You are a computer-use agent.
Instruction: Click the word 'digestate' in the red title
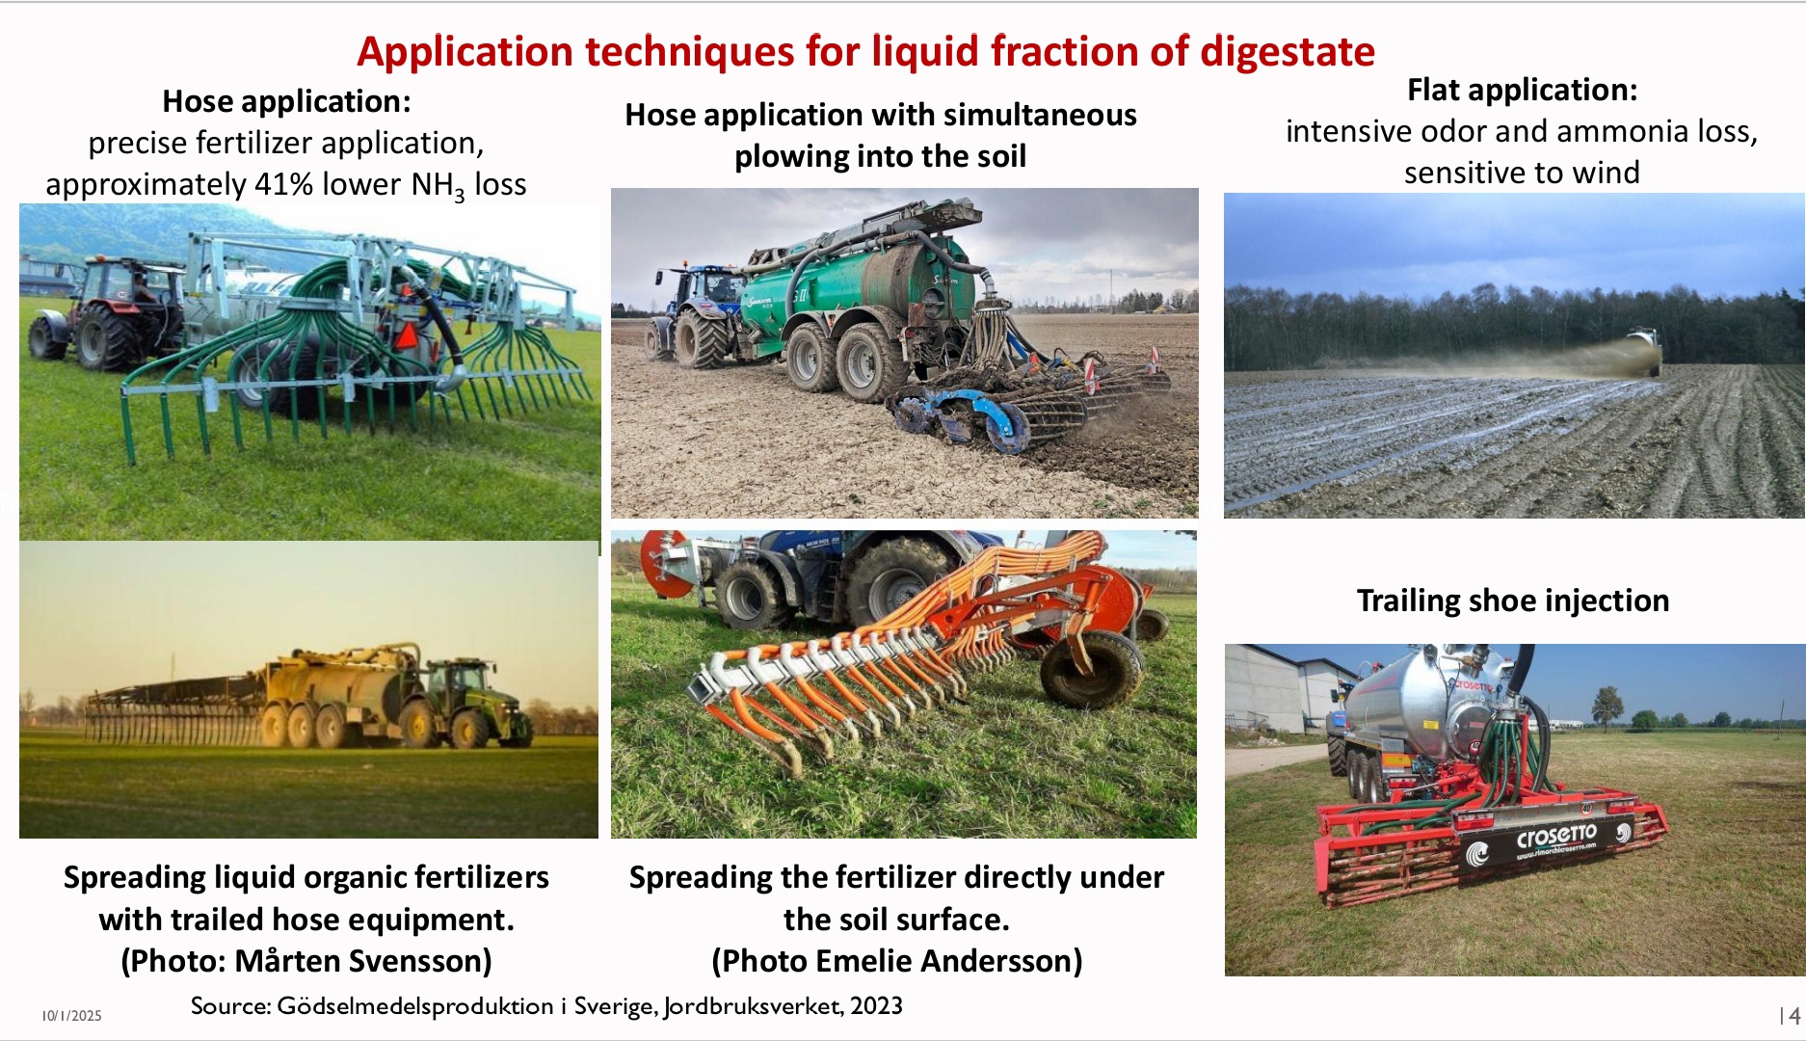click(1287, 51)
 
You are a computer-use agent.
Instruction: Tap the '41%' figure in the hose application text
click(283, 183)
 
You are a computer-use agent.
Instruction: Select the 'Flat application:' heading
click(1522, 90)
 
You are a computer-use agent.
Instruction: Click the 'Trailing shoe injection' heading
click(1513, 601)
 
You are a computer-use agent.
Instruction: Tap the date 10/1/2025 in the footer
click(71, 1016)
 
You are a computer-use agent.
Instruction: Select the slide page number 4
click(1794, 1016)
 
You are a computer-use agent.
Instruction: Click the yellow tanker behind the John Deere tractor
click(332, 689)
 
